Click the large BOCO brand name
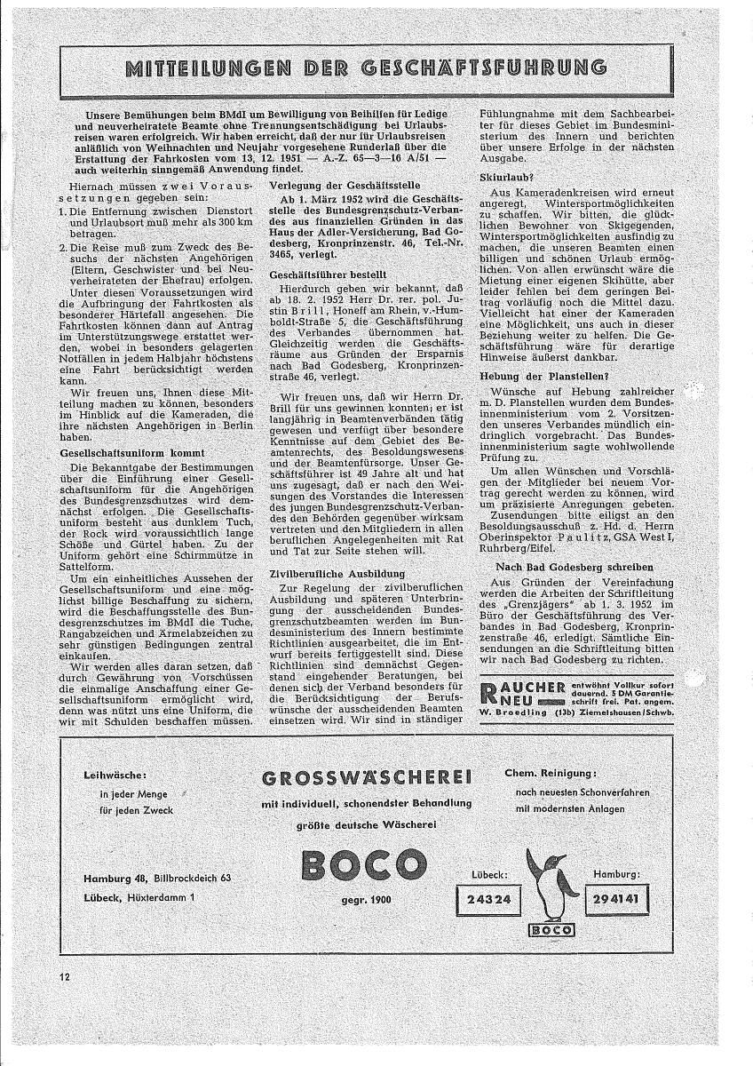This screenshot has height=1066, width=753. coord(365,863)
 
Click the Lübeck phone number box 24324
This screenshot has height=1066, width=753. coord(488,899)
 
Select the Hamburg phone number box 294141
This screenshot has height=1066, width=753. coord(615,899)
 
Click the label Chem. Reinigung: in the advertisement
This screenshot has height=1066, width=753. coord(551,772)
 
